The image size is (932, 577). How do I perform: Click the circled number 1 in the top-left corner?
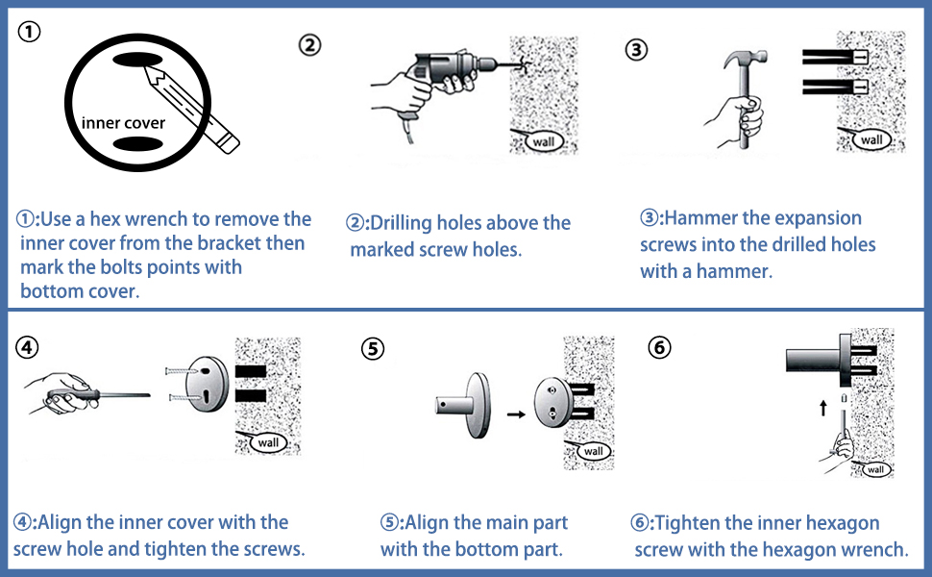click(x=29, y=31)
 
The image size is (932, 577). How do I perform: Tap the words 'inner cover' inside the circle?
click(x=123, y=122)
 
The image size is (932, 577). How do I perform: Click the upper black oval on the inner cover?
click(x=137, y=60)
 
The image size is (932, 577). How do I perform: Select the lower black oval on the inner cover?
click(x=137, y=143)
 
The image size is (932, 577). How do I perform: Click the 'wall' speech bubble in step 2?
click(x=542, y=141)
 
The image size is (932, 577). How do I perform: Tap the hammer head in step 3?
click(x=745, y=59)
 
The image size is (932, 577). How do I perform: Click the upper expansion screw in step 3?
click(x=835, y=57)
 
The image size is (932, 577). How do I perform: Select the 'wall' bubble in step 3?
click(x=870, y=139)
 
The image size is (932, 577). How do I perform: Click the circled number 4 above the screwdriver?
click(x=27, y=347)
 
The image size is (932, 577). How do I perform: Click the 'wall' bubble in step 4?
click(x=266, y=442)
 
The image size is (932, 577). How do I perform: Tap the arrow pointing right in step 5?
click(x=516, y=414)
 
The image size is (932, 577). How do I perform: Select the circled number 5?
click(x=373, y=348)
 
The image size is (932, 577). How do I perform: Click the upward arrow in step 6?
click(x=823, y=408)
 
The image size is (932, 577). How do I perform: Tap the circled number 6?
click(x=659, y=347)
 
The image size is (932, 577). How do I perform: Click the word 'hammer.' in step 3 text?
click(x=734, y=271)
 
